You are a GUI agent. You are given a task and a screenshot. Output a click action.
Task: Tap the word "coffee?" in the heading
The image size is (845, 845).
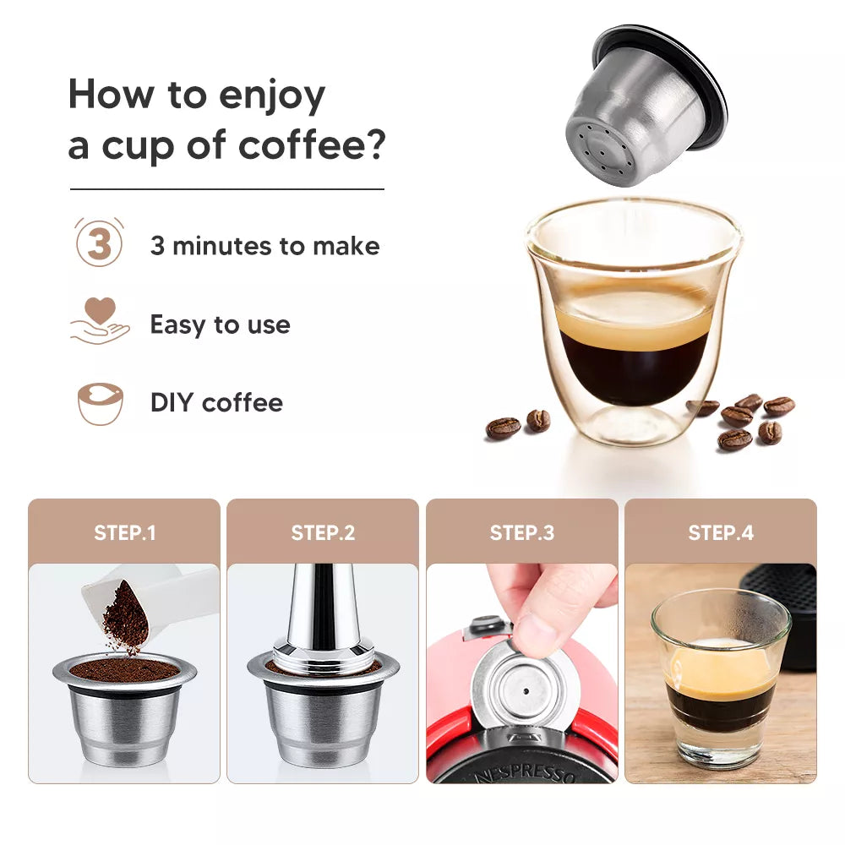312,144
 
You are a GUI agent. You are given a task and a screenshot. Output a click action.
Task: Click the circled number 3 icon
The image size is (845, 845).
100,244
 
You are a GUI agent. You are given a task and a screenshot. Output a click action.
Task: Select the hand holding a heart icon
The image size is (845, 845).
100,322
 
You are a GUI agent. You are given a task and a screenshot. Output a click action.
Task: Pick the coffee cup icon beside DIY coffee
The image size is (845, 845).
100,403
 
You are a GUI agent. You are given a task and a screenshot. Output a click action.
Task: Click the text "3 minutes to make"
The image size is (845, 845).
264,246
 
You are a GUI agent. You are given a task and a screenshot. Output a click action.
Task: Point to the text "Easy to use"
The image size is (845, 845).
220,324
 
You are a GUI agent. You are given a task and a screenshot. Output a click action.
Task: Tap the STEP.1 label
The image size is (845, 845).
124,533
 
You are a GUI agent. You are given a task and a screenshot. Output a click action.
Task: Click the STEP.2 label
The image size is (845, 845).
323,533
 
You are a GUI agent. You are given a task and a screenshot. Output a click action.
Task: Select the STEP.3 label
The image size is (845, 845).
521,533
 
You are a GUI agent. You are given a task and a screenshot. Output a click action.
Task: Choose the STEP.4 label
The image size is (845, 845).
720,533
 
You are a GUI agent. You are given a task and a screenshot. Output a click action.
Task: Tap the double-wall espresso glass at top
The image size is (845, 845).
633,321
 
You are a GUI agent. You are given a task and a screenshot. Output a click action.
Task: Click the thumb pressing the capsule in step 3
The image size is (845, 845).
541,630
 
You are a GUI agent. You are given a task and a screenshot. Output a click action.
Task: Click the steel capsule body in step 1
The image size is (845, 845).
124,722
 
